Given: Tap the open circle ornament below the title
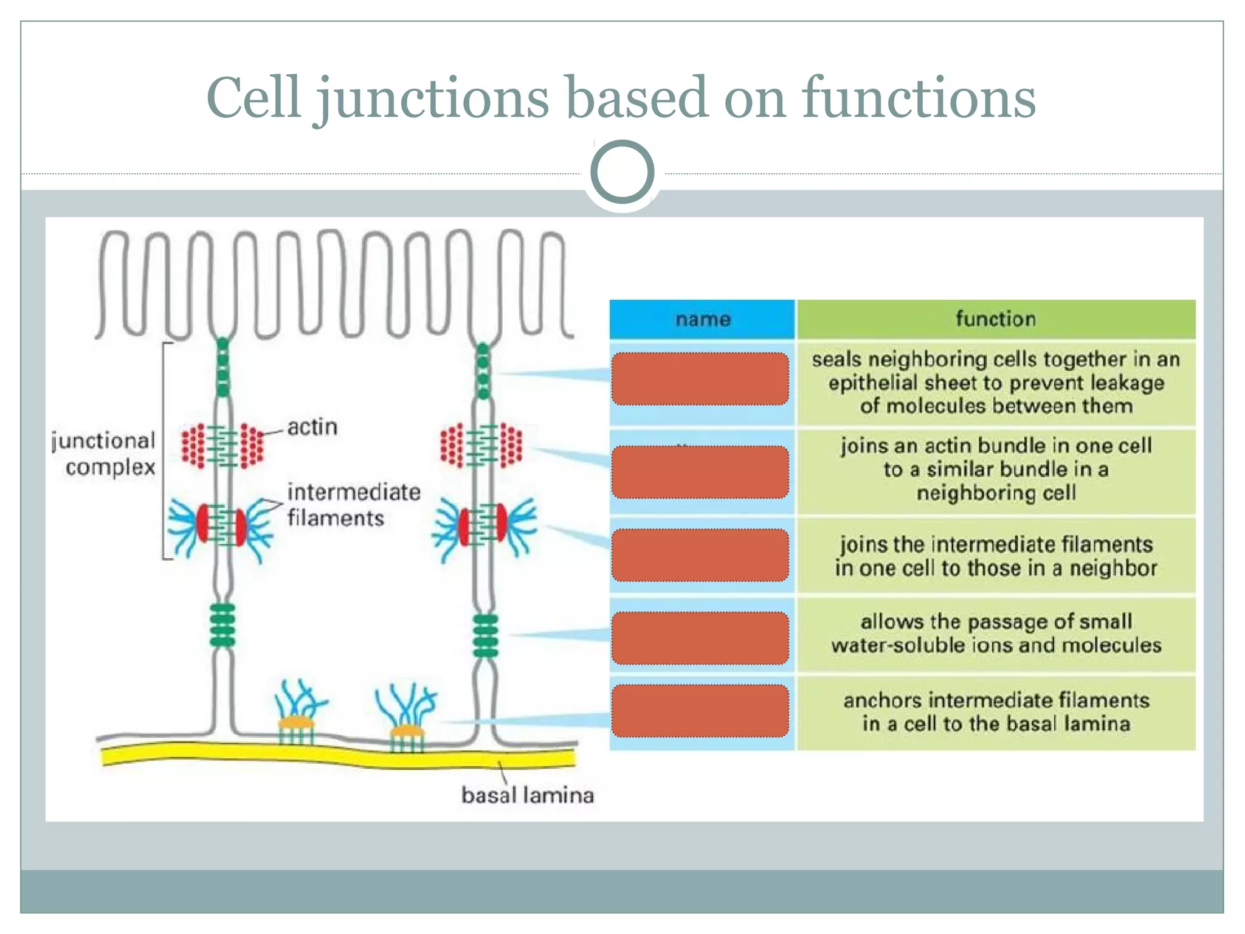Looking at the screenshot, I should (622, 172).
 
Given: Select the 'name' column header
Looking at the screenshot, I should (702, 319).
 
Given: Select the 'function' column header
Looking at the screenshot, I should (995, 319).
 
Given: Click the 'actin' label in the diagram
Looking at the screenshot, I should (312, 427).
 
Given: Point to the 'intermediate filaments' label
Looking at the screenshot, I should (353, 505).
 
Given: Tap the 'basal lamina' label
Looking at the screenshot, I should (527, 795).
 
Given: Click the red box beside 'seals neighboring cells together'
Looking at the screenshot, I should (700, 379).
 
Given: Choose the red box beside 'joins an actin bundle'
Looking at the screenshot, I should (700, 472).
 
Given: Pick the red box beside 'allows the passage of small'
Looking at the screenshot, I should (700, 638).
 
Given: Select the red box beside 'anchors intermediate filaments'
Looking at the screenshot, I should (700, 711).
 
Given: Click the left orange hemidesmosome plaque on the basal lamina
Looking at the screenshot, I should (296, 723).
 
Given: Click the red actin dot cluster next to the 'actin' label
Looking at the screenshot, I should (252, 446).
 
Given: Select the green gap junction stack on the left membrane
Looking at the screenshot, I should (222, 625).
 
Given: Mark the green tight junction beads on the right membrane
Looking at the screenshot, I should (483, 371).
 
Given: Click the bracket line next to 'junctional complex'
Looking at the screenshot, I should (164, 450).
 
